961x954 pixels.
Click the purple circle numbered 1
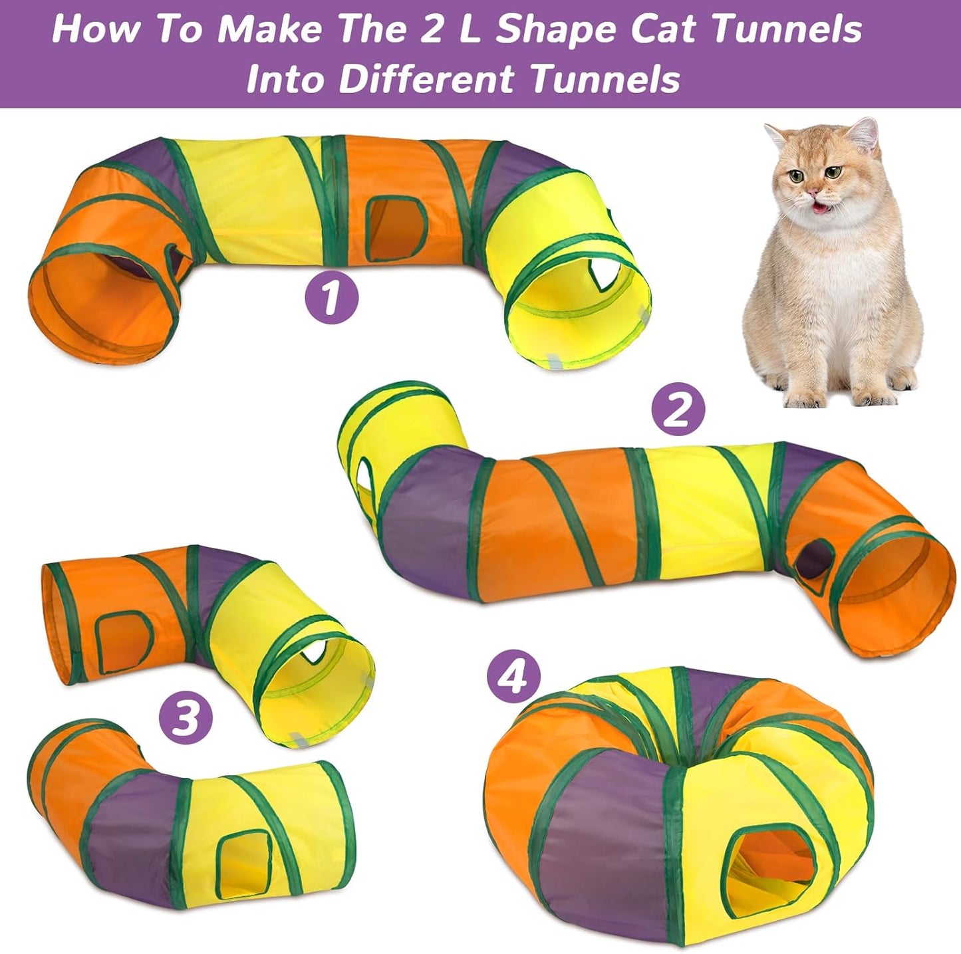[x=331, y=298]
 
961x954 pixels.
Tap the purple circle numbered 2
[x=678, y=411]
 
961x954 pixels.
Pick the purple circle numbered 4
[x=513, y=678]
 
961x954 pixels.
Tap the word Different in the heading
[x=426, y=79]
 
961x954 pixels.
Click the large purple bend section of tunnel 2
[x=426, y=525]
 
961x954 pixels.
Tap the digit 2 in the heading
[x=432, y=30]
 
